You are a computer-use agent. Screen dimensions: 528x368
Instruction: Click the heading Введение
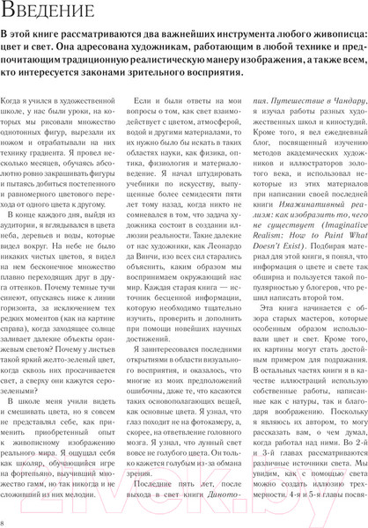[x=55, y=14]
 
